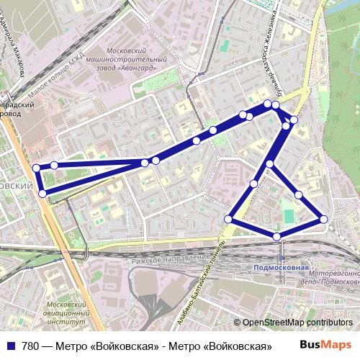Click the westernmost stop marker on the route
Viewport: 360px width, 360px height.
coord(37,168)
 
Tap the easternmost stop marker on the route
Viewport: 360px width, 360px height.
coord(323,219)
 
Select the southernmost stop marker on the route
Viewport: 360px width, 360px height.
coord(276,236)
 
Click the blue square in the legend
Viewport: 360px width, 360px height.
coord(10,346)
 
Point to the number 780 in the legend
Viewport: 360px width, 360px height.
coord(31,346)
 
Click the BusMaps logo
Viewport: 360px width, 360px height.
coord(330,346)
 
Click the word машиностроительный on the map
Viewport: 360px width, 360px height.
coord(138,60)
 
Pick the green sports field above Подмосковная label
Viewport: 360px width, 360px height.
coord(289,215)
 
